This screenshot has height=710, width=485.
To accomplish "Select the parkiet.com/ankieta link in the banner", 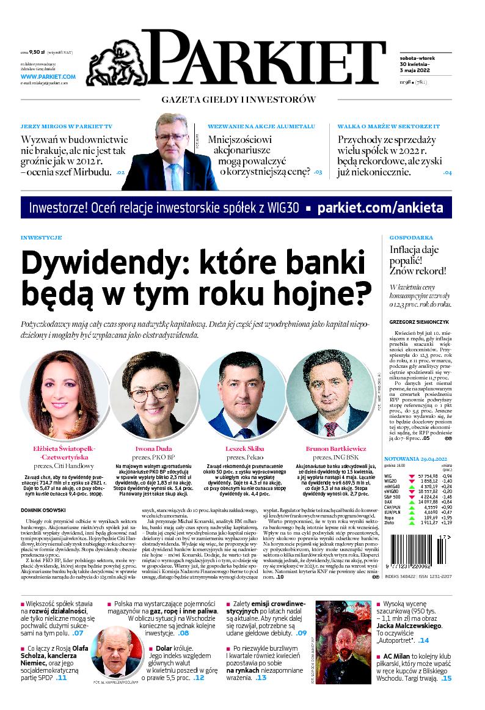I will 381,208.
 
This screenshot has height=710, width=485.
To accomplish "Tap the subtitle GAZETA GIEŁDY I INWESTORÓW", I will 238,100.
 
